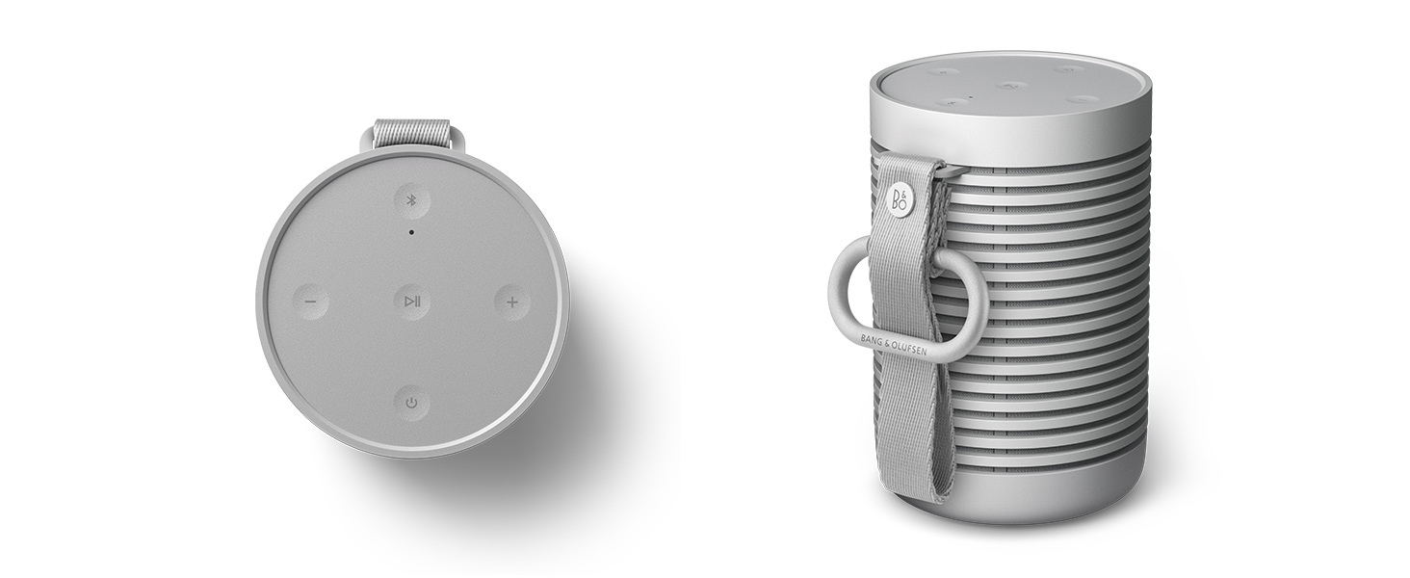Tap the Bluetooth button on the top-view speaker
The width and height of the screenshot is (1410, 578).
pyautogui.click(x=412, y=200)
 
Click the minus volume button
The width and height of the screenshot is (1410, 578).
pyautogui.click(x=311, y=302)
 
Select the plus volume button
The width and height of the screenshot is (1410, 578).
pyautogui.click(x=512, y=302)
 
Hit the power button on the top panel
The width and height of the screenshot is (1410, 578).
pyautogui.click(x=411, y=403)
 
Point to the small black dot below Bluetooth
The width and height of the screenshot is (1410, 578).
pyautogui.click(x=411, y=232)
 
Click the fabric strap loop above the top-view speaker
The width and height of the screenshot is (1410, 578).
pyautogui.click(x=412, y=134)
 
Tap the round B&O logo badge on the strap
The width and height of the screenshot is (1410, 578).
pyautogui.click(x=900, y=199)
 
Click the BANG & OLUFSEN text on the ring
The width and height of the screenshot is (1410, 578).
pyautogui.click(x=893, y=345)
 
